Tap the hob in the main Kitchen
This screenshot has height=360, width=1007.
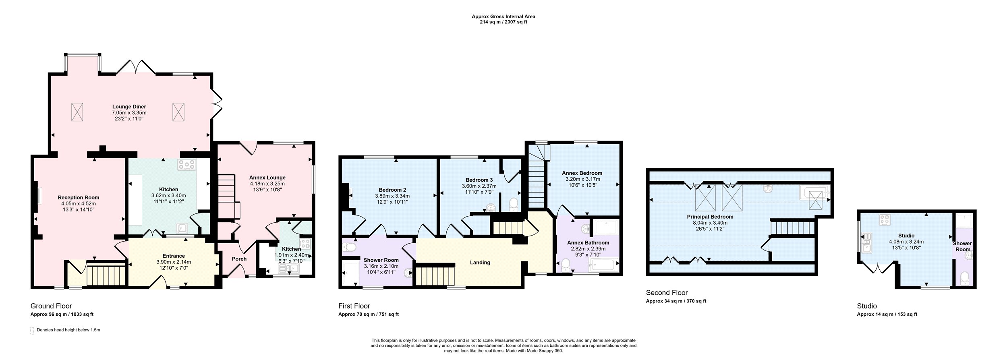point(187,164)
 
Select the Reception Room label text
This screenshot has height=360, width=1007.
point(79,198)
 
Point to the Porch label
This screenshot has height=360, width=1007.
point(239,259)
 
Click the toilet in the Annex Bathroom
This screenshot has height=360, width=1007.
point(566,265)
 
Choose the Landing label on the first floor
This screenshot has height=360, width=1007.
point(480,263)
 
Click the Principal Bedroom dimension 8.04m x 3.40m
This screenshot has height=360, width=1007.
point(710,223)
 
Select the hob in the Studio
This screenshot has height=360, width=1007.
point(885,220)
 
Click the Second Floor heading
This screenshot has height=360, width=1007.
point(667,293)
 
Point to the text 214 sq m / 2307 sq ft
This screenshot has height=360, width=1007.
point(503,22)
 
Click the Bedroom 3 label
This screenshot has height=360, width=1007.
point(479,180)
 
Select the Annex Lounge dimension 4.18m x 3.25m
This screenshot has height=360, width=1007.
point(267,184)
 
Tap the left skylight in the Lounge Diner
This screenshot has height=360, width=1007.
point(77,112)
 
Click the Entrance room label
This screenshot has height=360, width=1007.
point(174,256)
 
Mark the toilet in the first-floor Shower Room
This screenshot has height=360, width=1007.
point(349,247)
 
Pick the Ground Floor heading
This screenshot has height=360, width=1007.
point(51,306)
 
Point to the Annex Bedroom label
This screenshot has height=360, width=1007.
point(582,173)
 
